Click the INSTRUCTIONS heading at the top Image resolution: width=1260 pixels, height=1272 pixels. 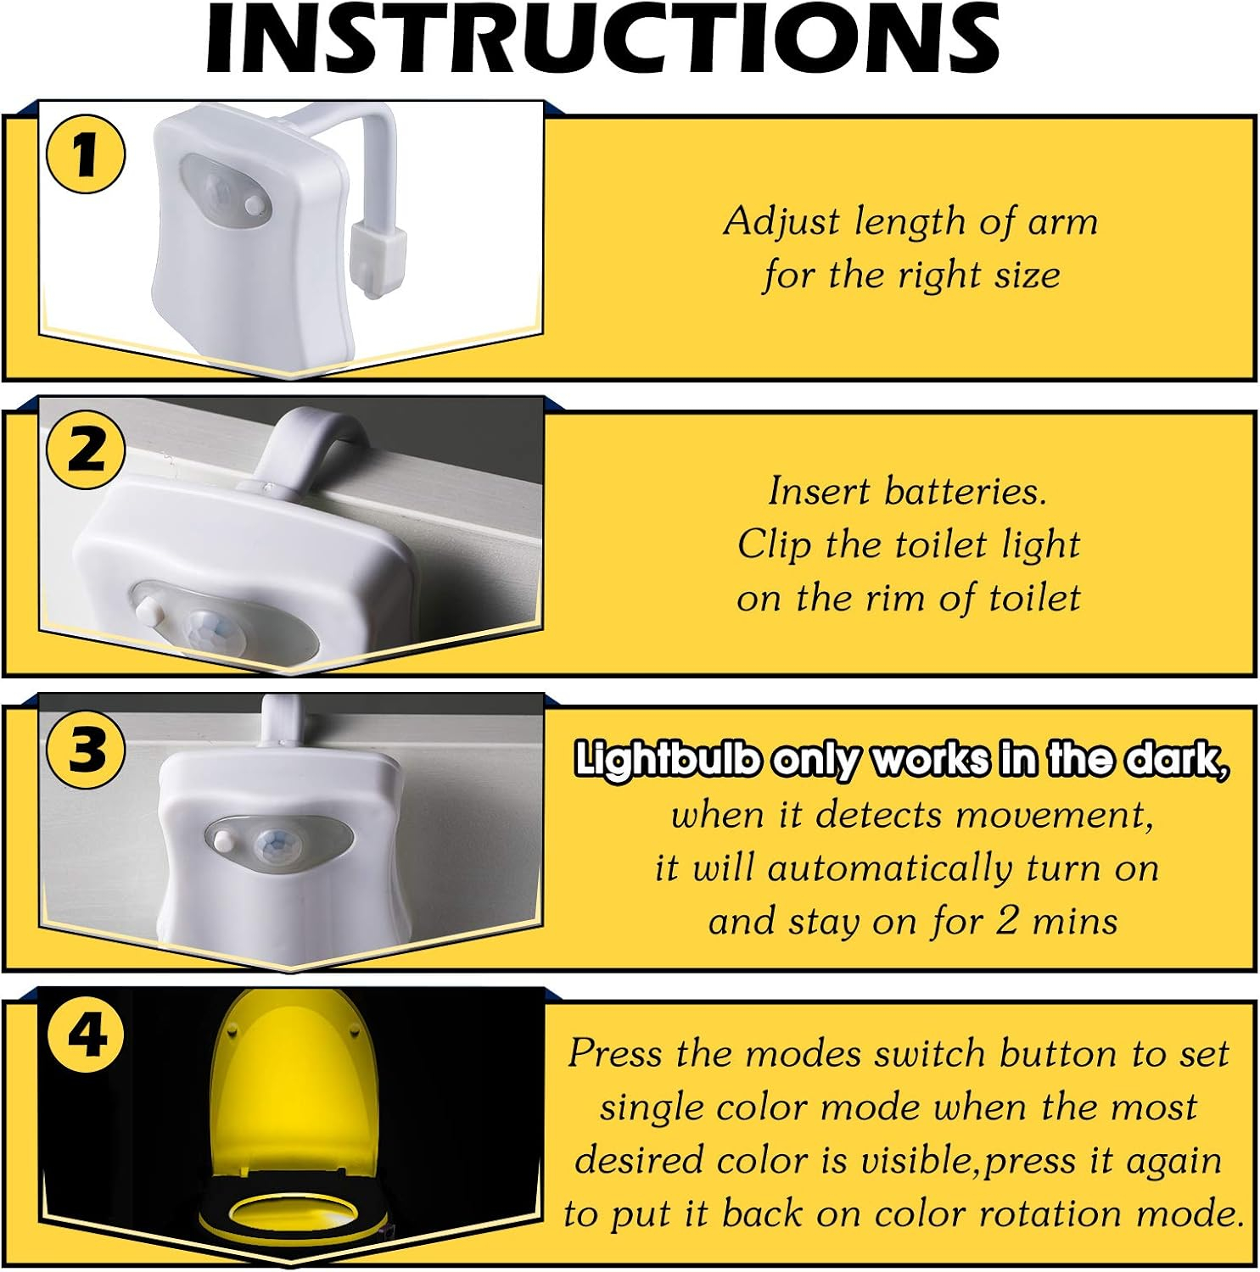[x=603, y=40]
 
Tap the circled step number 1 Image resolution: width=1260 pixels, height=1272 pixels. [x=85, y=155]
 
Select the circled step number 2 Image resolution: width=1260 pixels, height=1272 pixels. [x=85, y=451]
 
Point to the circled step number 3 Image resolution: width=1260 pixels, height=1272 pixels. [x=85, y=749]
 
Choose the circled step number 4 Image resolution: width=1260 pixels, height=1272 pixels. [x=85, y=1035]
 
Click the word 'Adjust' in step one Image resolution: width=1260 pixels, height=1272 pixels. [x=782, y=222]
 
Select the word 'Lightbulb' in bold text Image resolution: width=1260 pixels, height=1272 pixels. [x=667, y=760]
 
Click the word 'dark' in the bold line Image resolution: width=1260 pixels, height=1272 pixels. [x=1176, y=760]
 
